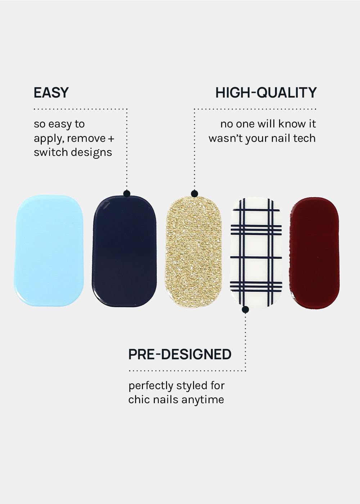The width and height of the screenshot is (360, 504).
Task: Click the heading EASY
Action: [51, 93]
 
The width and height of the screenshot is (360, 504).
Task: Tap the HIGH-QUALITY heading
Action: [266, 93]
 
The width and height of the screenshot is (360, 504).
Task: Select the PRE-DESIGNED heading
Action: [180, 354]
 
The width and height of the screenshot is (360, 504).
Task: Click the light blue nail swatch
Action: [49, 251]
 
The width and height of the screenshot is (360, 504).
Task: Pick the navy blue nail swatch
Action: [124, 251]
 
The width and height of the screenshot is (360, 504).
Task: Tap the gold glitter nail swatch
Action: [194, 252]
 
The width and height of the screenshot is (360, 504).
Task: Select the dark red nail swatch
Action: [315, 253]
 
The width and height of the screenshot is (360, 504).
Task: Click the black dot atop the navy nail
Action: [127, 194]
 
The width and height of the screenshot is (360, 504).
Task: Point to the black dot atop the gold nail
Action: [194, 194]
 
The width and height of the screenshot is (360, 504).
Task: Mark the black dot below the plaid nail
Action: [245, 310]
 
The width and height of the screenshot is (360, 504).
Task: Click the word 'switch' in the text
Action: [51, 152]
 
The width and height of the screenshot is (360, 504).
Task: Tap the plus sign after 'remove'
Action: [111, 139]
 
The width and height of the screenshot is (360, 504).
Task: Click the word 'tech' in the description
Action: [304, 138]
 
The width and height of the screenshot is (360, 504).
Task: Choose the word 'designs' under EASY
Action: [91, 153]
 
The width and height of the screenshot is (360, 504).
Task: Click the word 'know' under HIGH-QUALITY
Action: [291, 124]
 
